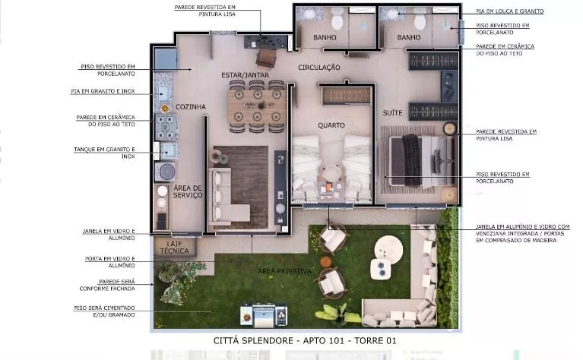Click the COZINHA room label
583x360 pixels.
click(190, 107)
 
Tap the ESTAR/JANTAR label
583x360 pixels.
click(245, 75)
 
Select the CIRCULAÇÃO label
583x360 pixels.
click(319, 68)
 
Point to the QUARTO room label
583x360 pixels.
click(331, 125)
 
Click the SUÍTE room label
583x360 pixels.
click(393, 112)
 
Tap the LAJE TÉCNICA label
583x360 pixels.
click(174, 248)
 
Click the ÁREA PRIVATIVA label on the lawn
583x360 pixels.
click(284, 271)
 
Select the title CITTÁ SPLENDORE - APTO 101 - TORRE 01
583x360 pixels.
click(305, 341)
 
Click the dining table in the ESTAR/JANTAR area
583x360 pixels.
click(257, 106)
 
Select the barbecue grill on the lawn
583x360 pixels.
click(264, 315)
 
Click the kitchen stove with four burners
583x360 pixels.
click(166, 127)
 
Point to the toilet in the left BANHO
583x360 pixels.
click(337, 18)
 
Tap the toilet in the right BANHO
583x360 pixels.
click(420, 18)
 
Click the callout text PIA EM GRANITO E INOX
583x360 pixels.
click(103, 91)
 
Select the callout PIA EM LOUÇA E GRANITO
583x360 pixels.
click(510, 11)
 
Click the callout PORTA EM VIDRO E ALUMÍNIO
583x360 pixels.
click(110, 262)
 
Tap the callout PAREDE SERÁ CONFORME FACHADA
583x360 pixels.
click(107, 285)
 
